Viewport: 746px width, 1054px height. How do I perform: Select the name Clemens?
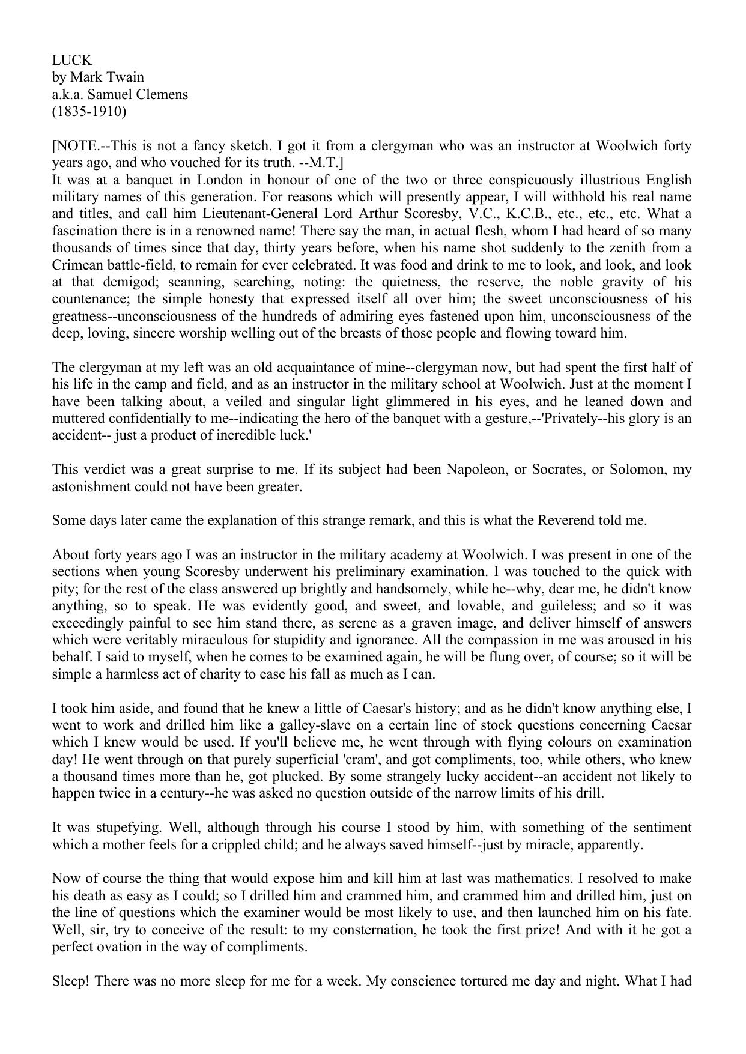(162, 94)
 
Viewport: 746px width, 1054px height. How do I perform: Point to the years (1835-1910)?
(89, 112)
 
